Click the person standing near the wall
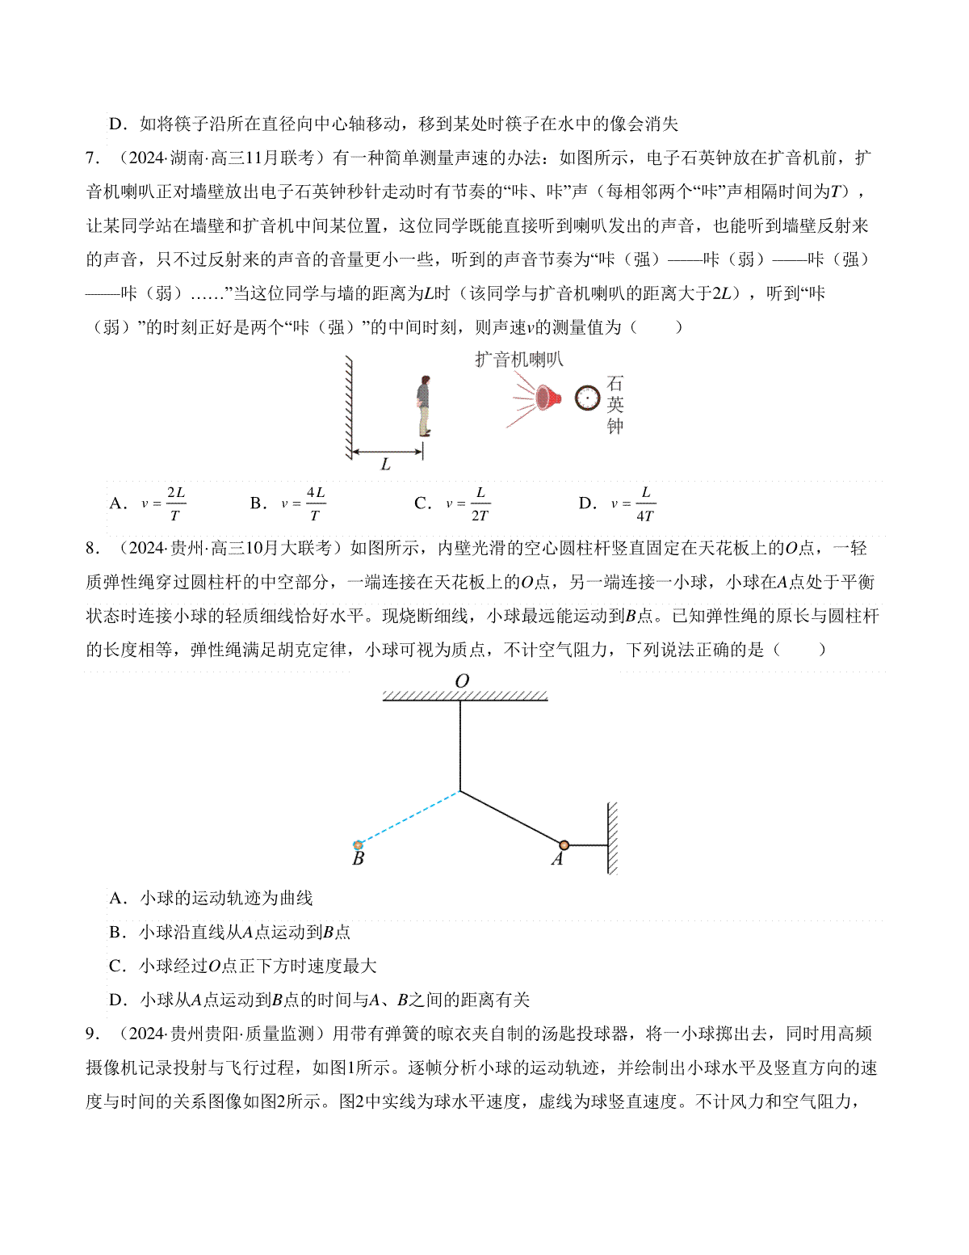coord(423,406)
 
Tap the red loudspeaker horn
coord(547,397)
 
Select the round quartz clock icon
coord(588,398)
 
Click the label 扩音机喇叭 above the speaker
coord(518,360)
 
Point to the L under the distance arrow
coord(385,465)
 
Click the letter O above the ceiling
coord(462,681)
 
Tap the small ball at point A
coord(564,845)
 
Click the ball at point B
coord(359,845)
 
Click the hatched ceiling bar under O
coord(464,696)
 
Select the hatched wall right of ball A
coord(613,838)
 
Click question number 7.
coord(93,158)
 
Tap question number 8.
coord(93,549)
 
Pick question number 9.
coord(93,1034)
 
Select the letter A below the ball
coord(557,860)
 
